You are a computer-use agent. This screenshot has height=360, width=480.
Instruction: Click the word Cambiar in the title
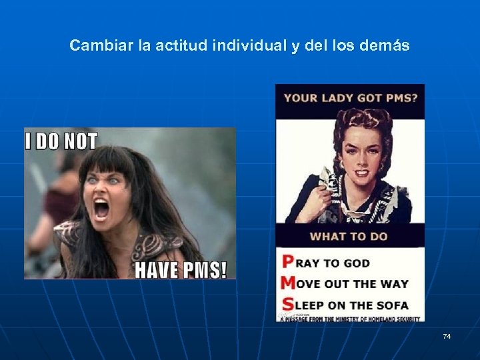click(x=94, y=46)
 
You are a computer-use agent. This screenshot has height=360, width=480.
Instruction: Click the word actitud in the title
click(x=180, y=46)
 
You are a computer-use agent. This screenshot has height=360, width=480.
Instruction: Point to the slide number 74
click(x=447, y=336)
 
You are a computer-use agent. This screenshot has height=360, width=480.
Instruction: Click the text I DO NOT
click(x=61, y=141)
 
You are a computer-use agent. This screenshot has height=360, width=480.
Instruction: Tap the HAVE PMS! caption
click(x=181, y=269)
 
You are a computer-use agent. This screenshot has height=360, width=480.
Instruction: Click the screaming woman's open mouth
click(x=101, y=209)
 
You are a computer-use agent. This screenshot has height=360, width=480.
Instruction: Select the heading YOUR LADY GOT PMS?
click(x=351, y=97)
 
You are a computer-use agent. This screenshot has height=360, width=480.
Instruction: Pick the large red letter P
click(x=288, y=262)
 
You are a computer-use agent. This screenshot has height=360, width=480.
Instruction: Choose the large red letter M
click(x=288, y=283)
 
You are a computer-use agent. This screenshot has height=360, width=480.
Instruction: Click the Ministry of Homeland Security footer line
click(x=350, y=319)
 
